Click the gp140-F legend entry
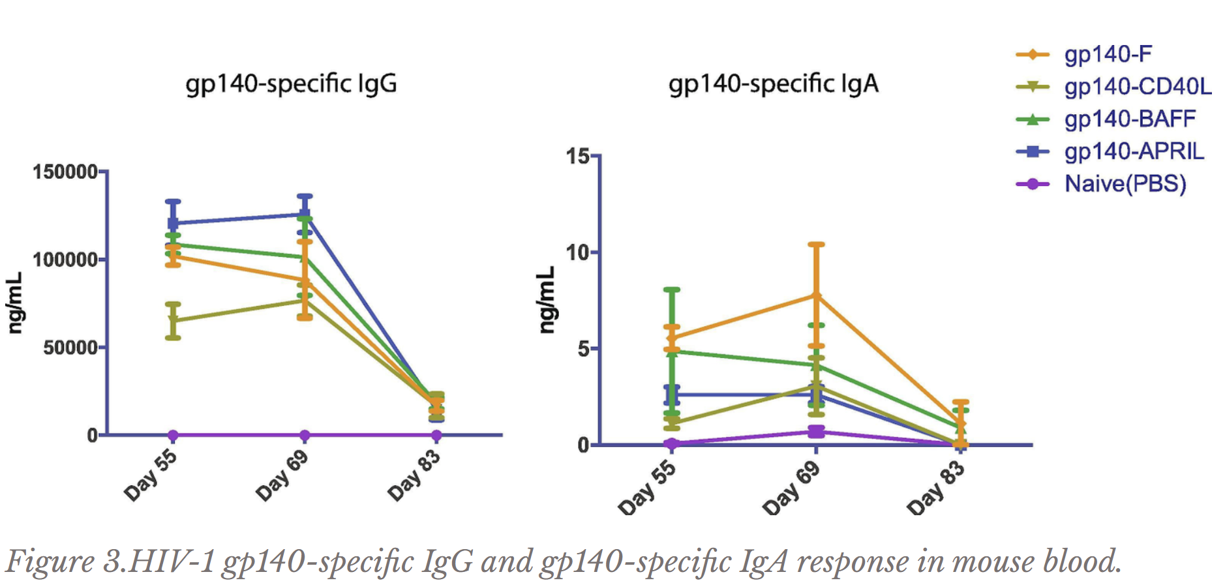[x=1108, y=54]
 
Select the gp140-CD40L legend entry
[x=1137, y=87]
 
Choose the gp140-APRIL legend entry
[x=1134, y=151]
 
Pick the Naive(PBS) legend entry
[x=1125, y=184]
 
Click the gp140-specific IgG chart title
[x=291, y=84]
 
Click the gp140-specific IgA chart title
[x=774, y=84]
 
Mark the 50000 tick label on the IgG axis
[x=70, y=348]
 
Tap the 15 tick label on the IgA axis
[x=577, y=157]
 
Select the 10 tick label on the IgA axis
[x=577, y=253]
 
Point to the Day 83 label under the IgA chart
[x=936, y=487]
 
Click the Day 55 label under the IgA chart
[x=647, y=487]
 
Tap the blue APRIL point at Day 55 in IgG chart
[x=173, y=223]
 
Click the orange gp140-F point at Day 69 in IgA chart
[x=816, y=295]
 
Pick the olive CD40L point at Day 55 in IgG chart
[x=173, y=320]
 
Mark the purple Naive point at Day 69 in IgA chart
[x=816, y=432]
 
